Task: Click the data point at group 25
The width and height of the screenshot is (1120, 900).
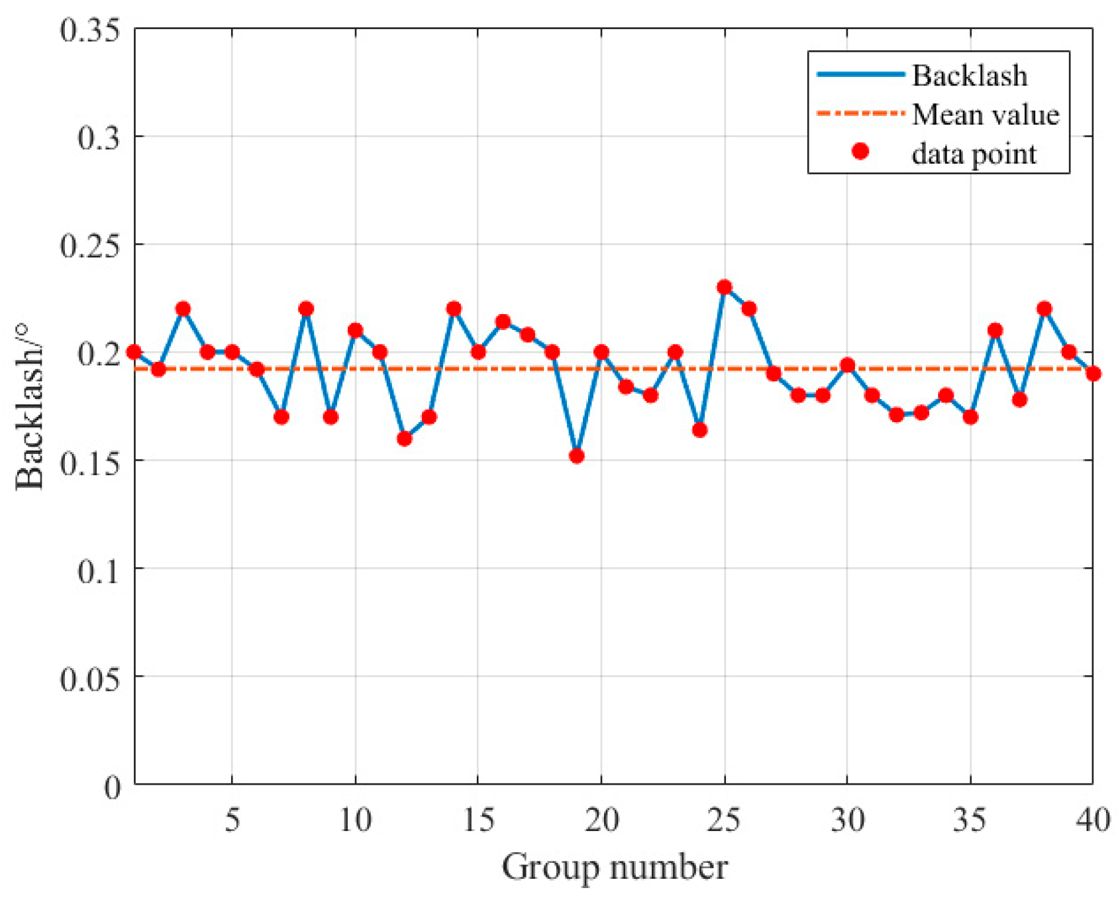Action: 725,287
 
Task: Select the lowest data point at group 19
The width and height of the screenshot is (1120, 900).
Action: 577,456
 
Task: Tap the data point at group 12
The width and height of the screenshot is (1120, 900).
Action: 405,439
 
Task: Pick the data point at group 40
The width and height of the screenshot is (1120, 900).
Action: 1093,374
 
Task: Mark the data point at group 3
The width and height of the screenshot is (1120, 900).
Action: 183,309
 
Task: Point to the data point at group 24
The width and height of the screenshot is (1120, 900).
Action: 699,430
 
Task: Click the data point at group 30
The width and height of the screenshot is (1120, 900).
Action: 847,365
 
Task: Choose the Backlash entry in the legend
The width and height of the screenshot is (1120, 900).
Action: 970,76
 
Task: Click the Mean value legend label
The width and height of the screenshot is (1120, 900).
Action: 986,115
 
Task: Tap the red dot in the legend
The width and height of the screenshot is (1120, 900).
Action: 860,152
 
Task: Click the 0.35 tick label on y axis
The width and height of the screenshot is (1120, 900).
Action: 90,30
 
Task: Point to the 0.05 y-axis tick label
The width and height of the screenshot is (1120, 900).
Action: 90,678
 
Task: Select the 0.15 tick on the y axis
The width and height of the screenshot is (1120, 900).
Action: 90,462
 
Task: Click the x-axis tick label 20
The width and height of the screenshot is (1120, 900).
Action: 601,820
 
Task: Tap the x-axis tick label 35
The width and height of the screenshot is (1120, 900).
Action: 970,820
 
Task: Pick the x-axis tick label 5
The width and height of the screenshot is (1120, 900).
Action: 232,820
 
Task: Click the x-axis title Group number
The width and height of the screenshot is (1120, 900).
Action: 615,867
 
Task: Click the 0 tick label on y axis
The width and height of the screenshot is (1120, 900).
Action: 113,787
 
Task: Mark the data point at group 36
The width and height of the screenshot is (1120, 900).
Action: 995,330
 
